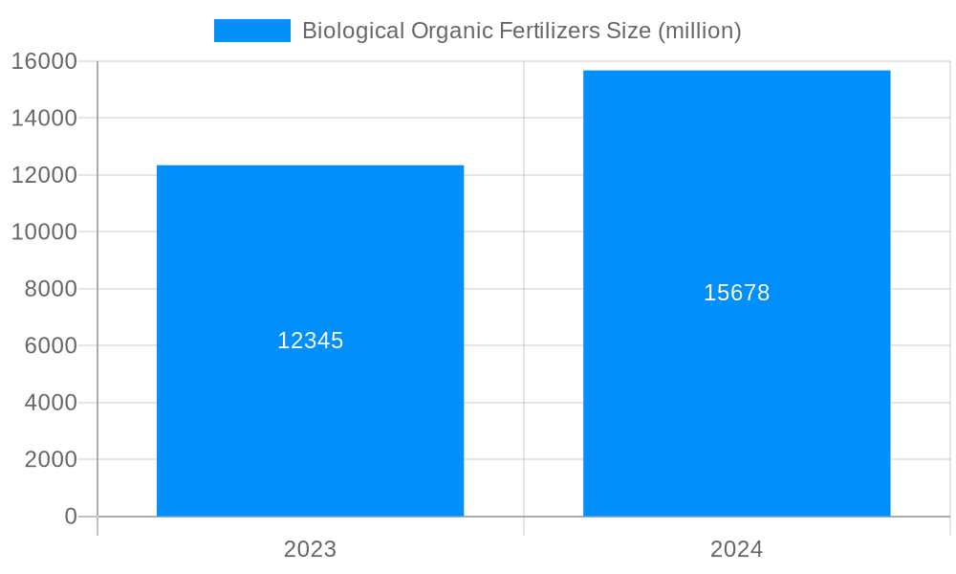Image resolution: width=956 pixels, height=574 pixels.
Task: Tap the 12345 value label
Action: (x=310, y=341)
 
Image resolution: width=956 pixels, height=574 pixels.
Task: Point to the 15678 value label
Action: (x=736, y=293)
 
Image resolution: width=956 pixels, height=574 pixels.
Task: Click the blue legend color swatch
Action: (x=251, y=31)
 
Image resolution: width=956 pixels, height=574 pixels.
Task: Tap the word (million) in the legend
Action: (x=700, y=31)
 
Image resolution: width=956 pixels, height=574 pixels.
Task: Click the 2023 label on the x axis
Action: (x=310, y=549)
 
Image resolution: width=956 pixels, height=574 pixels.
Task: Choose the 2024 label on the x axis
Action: (x=736, y=549)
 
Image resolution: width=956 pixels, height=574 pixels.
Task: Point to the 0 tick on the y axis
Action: (x=71, y=517)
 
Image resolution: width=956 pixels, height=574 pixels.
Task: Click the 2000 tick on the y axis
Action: (x=51, y=459)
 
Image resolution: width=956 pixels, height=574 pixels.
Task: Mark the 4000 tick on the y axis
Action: (x=51, y=403)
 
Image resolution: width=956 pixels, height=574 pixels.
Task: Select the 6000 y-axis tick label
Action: (x=51, y=345)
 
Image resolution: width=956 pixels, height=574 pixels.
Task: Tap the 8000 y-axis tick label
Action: (x=51, y=289)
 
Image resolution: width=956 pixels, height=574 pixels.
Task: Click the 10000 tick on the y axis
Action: (x=44, y=232)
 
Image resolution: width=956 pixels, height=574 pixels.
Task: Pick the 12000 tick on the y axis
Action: (x=44, y=175)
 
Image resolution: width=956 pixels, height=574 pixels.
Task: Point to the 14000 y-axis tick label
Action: (x=44, y=119)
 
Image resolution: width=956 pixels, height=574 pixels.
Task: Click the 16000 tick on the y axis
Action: (x=44, y=61)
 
